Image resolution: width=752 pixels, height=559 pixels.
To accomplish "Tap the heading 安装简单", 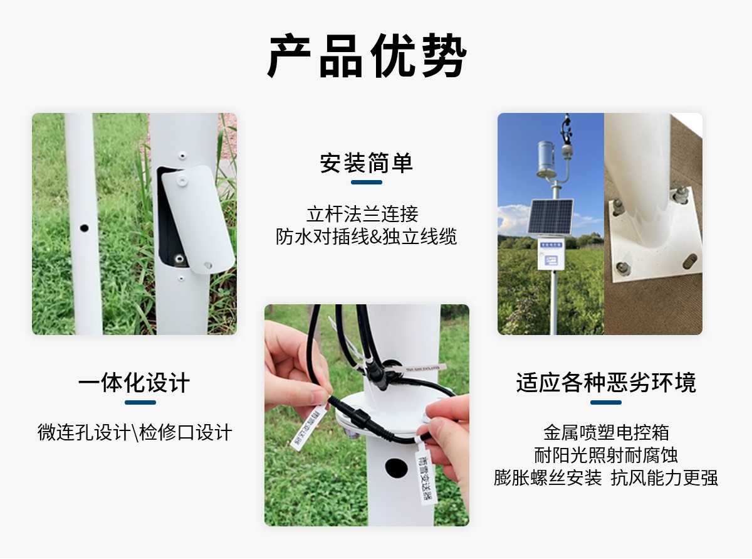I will pos(367,163).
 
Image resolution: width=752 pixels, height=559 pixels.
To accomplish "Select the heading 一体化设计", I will pos(134,383).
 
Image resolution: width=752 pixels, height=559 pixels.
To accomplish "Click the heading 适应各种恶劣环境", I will pos(606,383).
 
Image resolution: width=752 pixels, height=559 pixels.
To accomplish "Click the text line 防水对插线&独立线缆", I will pos(367,237).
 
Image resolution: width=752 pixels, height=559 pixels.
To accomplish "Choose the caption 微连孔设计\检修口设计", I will pos(135,432).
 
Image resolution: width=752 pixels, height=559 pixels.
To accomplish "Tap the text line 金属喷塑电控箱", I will pos(606,432).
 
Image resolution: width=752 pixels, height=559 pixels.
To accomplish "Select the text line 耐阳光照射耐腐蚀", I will pos(606,455).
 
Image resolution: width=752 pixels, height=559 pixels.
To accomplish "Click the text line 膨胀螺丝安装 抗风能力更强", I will pos(606,478).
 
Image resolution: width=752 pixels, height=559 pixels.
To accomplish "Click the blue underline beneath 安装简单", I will pos(367,183).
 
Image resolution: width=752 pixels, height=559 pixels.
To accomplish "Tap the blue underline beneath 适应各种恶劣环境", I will pos(606,402).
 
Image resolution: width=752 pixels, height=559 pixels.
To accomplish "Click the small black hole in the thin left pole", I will pos(84,227).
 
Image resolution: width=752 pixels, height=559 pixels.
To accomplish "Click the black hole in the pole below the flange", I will pos(396,467).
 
